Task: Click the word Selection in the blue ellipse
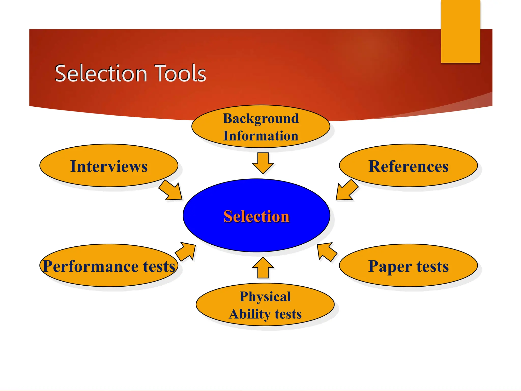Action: tap(256, 216)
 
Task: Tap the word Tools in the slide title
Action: tap(180, 74)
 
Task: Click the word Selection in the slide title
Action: tap(101, 74)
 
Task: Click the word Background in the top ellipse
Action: tap(261, 119)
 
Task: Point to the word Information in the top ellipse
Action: tap(261, 136)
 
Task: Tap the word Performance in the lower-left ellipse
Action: tap(91, 266)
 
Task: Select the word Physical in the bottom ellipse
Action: tap(265, 297)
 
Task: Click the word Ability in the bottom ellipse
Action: tap(249, 314)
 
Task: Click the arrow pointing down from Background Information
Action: tap(263, 163)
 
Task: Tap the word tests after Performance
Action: tap(159, 266)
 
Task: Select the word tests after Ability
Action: tap(288, 314)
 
